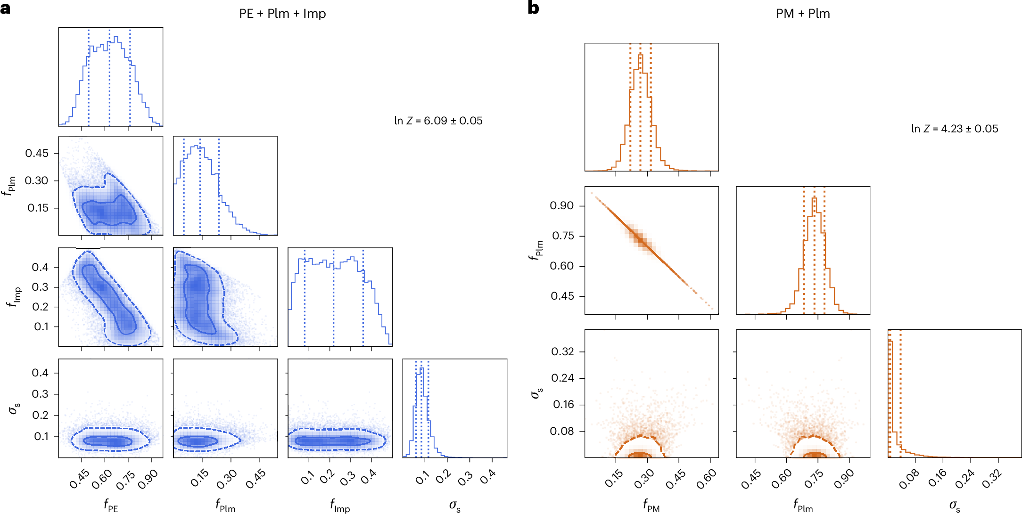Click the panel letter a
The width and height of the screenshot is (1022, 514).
coord(6,8)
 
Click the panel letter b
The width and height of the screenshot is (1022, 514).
coord(533,8)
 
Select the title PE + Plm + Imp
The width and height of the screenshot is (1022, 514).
coord(282,14)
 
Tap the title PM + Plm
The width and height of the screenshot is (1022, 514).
coord(803,14)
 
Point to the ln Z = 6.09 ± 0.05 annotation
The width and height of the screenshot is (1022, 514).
coord(438,121)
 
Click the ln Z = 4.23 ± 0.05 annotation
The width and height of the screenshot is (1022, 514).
coord(955,129)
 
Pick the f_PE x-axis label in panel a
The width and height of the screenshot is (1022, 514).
coord(111,506)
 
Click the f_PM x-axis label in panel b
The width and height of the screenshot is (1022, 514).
coord(651,506)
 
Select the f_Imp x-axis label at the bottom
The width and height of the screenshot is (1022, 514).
coord(340,506)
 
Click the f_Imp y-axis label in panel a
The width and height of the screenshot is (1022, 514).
coord(14,297)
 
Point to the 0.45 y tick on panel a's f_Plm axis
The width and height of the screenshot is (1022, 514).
coord(37,153)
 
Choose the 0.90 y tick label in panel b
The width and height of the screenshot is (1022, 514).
coord(562,205)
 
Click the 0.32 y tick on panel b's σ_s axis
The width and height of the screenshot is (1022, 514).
coord(563,351)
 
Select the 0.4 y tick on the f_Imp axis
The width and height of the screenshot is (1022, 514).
coord(40,267)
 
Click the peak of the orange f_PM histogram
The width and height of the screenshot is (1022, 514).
coord(640,55)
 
